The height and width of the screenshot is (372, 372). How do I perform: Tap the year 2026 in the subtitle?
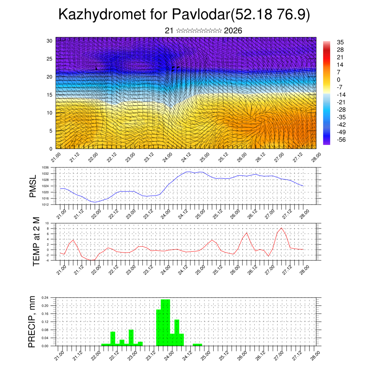(233, 31)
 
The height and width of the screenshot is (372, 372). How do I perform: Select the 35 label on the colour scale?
(340, 42)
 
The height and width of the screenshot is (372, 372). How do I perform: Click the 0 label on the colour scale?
(339, 80)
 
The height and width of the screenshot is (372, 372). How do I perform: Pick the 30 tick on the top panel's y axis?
(49, 41)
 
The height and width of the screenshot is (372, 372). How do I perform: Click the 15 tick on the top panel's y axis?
(49, 95)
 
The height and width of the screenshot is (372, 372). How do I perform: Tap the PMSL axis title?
(33, 186)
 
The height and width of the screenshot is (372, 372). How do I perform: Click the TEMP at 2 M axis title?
(36, 242)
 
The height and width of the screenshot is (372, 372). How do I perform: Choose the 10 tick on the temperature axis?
(47, 223)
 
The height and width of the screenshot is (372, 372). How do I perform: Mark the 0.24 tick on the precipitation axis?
(45, 298)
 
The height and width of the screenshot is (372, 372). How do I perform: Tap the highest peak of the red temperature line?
(281, 228)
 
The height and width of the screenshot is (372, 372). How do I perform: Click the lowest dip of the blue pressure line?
(95, 202)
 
